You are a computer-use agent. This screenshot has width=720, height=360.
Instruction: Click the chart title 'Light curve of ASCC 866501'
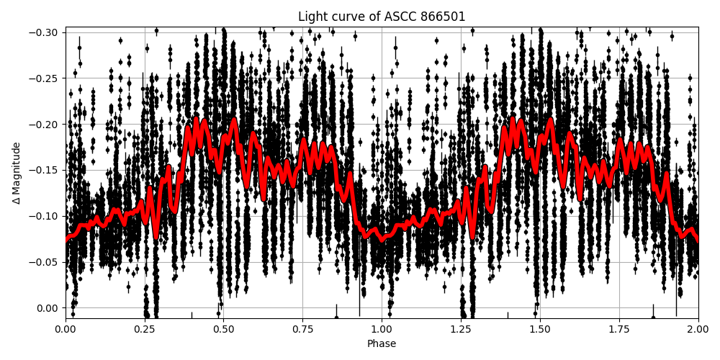coord(382,17)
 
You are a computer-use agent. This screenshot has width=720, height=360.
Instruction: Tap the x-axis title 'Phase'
coord(382,344)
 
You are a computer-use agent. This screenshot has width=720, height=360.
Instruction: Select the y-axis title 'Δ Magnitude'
coord(17,173)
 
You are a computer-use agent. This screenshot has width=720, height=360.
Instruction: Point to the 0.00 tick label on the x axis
coord(66,329)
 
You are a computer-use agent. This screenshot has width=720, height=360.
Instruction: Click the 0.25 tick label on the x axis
coord(145,329)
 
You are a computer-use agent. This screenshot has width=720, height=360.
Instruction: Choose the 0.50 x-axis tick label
coord(223,329)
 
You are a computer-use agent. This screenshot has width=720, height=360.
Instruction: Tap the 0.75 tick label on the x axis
coord(302,329)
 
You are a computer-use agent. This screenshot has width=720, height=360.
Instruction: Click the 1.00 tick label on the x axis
coord(382,329)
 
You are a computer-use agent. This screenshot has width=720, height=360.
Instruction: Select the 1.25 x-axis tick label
coord(461,329)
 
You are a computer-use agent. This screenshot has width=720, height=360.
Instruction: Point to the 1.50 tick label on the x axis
coord(540,329)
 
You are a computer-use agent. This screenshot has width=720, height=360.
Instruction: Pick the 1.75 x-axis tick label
coord(619,329)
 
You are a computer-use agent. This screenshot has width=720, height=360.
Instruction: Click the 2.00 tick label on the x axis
coord(698,329)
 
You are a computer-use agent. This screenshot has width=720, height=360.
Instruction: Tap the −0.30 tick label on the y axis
coord(45,32)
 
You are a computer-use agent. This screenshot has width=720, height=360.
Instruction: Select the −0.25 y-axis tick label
coord(45,78)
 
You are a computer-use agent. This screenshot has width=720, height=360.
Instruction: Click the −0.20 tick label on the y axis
coord(45,125)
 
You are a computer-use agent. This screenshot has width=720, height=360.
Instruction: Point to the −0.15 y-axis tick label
coord(45,171)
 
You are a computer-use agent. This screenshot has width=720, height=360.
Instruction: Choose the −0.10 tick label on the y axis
coord(45,216)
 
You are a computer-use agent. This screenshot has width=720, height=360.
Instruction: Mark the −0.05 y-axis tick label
coord(45,262)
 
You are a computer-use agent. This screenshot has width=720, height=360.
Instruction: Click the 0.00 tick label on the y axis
coord(48,308)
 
